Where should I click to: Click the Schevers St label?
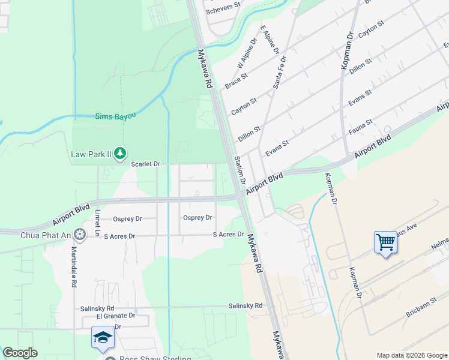[x=223, y=11]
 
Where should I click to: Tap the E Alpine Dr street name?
[x=270, y=40]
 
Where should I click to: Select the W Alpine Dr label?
[x=247, y=54]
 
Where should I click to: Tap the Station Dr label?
[x=240, y=170]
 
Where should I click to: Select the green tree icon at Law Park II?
[x=121, y=154]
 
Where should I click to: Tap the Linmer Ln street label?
[x=98, y=223]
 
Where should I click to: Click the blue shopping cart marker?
[x=385, y=242]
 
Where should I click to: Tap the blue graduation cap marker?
[x=103, y=337]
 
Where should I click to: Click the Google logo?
[x=20, y=353]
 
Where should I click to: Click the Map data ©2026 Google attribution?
[x=411, y=355]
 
